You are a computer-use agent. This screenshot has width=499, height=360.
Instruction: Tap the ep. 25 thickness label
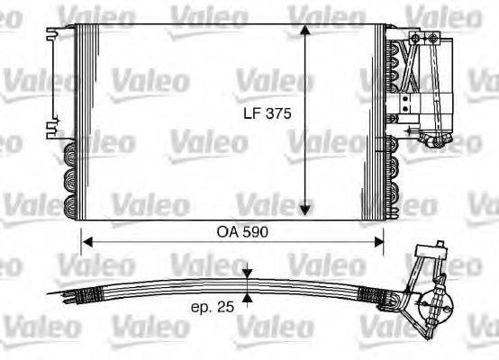(x=213, y=306)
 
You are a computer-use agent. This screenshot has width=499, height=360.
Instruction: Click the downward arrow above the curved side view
(x=248, y=273)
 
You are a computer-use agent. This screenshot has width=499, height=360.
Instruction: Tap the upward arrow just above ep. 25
(x=248, y=298)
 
